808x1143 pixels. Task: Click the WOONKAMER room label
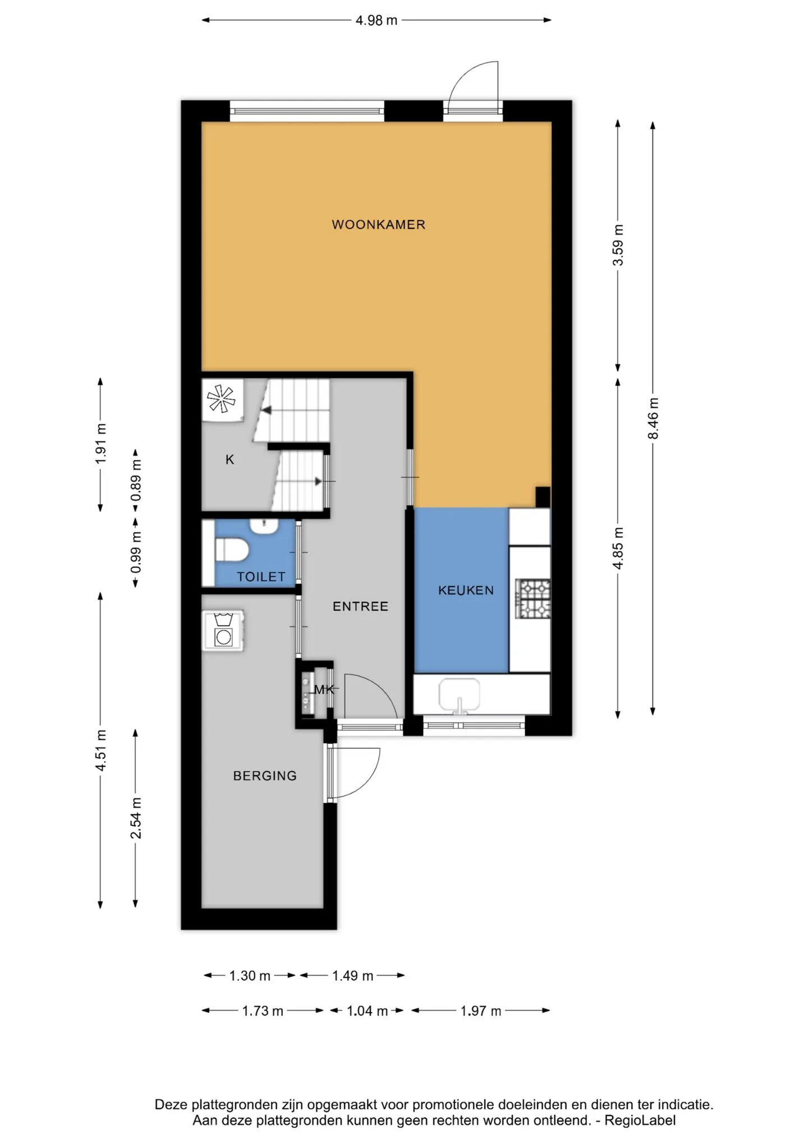pyautogui.click(x=378, y=225)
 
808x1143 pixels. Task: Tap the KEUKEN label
pyautogui.click(x=466, y=590)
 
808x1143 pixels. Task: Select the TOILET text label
pyautogui.click(x=261, y=577)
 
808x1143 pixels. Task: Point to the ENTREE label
pyautogui.click(x=360, y=606)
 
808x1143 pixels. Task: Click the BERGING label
pyautogui.click(x=265, y=776)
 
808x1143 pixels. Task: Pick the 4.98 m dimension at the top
pyautogui.click(x=377, y=20)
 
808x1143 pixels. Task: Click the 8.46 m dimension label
pyautogui.click(x=653, y=419)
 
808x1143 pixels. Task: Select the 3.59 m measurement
pyautogui.click(x=618, y=245)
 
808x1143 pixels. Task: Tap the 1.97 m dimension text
pyautogui.click(x=480, y=1011)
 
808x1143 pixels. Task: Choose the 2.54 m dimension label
pyautogui.click(x=136, y=818)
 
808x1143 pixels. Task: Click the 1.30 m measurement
pyautogui.click(x=250, y=976)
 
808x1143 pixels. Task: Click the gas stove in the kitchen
pyautogui.click(x=533, y=599)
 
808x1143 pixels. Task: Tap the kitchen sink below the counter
pyautogui.click(x=460, y=696)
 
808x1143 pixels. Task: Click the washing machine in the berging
pyautogui.click(x=223, y=630)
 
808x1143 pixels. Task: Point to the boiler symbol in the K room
pyautogui.click(x=222, y=399)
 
